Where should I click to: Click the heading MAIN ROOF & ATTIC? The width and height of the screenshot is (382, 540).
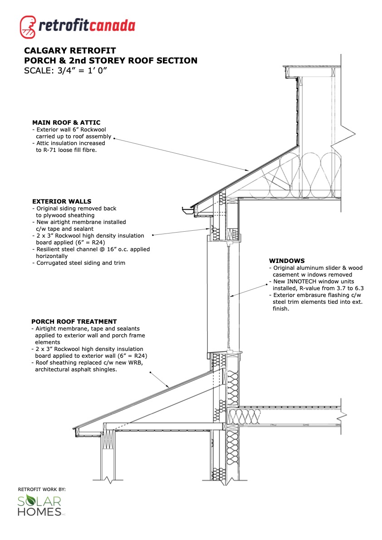tap(66, 122)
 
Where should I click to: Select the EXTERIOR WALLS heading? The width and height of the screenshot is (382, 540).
tap(62, 201)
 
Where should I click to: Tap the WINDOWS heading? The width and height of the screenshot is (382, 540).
tap(287, 261)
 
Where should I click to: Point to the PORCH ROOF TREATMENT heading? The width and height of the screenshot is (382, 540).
tap(74, 321)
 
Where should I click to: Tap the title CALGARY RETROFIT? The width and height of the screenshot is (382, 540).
tap(70, 50)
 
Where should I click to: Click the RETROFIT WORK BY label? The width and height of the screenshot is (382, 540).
tap(42, 489)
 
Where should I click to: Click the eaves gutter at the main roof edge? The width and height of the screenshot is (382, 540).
tap(189, 210)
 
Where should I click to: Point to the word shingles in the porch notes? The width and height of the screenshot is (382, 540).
tap(105, 370)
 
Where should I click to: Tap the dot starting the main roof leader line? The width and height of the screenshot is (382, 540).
tap(115, 137)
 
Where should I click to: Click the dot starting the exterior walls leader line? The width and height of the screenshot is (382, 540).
tap(153, 235)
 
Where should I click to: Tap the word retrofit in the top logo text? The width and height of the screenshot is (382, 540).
tap(64, 26)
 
